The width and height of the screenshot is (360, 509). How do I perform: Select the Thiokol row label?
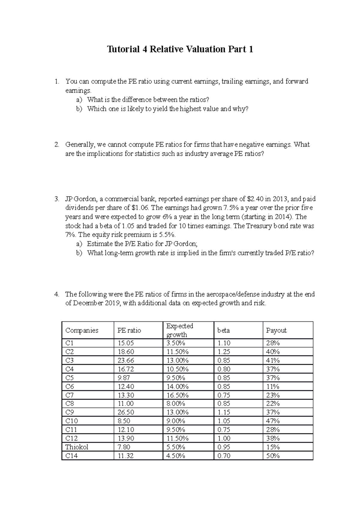pyautogui.click(x=77, y=447)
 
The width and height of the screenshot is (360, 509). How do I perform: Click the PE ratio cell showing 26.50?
pyautogui.click(x=126, y=412)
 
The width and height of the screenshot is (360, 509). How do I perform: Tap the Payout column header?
pyautogui.click(x=276, y=330)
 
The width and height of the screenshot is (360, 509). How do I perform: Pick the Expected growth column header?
pyautogui.click(x=180, y=330)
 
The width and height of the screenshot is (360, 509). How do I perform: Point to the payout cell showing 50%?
pyautogui.click(x=273, y=456)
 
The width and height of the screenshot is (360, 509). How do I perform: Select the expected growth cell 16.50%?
pyautogui.click(x=178, y=395)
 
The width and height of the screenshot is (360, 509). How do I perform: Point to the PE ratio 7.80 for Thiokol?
pyautogui.click(x=124, y=447)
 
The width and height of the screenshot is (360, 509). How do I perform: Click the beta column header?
pyautogui.click(x=223, y=330)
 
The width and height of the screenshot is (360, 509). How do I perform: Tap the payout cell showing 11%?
pyautogui.click(x=273, y=386)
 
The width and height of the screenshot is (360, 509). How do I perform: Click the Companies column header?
pyautogui.click(x=82, y=330)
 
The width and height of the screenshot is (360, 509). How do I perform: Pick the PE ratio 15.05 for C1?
pyautogui.click(x=126, y=343)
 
